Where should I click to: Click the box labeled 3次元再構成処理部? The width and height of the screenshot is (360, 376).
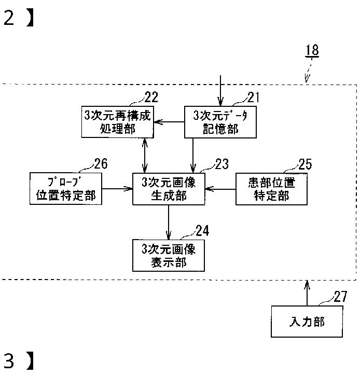(118, 122)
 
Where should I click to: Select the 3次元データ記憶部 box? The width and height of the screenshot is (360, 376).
(220, 122)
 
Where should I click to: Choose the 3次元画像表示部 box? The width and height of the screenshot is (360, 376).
(169, 256)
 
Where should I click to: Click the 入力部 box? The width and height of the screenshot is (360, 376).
(307, 322)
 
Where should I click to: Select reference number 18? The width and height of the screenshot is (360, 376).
(312, 50)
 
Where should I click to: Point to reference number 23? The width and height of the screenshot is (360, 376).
(222, 164)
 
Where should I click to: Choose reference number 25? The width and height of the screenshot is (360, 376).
(306, 164)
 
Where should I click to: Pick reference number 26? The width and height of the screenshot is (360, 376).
(101, 164)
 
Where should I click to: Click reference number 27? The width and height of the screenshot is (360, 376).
(340, 297)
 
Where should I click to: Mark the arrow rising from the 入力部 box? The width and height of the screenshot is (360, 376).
(307, 293)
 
